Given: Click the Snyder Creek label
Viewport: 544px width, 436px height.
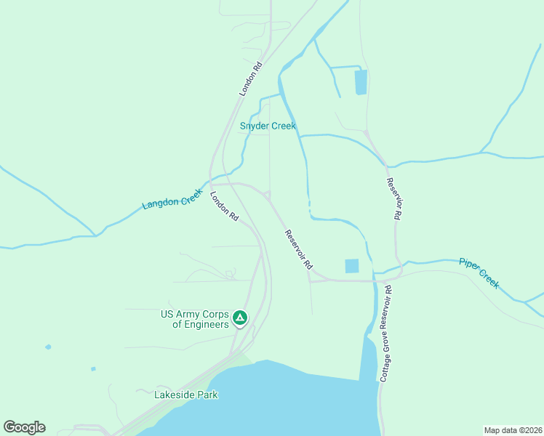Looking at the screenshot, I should [268, 126].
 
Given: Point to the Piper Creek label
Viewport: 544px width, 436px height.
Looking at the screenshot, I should [479, 272].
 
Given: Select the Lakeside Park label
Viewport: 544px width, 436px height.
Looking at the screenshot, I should [186, 395].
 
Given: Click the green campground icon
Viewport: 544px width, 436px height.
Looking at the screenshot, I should [239, 318].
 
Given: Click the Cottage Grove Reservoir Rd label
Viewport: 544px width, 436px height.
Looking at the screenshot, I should [386, 333].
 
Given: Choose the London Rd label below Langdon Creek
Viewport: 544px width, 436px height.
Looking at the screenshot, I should [224, 206].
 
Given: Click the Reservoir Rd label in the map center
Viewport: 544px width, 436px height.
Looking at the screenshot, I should [299, 248].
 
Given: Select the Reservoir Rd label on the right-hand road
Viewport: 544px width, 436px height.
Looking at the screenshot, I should [393, 199].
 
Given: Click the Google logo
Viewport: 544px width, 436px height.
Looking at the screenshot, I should [24, 427].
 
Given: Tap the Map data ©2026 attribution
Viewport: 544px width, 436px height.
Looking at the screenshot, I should [513, 429].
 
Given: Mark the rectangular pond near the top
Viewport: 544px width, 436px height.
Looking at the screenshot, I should [360, 82].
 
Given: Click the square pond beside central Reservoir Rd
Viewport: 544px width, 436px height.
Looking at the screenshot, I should [352, 266].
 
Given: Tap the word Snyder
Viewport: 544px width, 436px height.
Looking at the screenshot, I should [254, 126].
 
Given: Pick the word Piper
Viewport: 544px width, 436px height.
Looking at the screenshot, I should [470, 265].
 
